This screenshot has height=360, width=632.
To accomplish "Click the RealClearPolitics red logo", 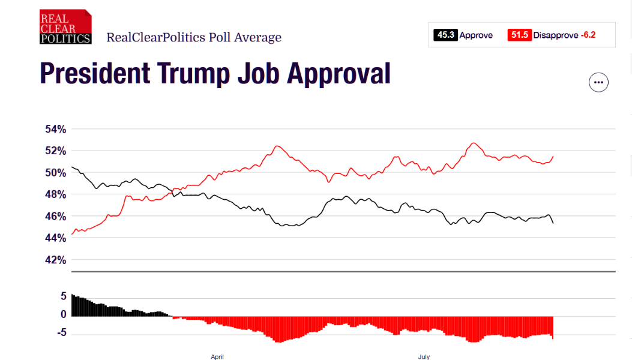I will click(65, 27).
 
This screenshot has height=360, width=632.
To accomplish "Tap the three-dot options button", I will click(598, 82).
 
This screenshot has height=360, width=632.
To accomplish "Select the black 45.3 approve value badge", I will click(445, 35).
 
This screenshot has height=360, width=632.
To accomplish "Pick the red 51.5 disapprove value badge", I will click(519, 35).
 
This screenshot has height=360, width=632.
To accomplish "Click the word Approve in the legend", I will click(476, 35).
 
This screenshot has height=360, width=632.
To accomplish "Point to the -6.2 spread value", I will click(588, 35).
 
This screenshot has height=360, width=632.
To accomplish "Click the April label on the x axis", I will click(217, 357).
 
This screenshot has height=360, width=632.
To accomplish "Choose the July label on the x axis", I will click(424, 357).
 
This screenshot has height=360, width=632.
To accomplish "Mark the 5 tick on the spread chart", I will click(62, 296).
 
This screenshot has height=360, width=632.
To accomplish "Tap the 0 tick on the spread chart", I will click(62, 314).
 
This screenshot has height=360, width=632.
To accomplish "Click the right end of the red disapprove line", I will click(553, 156).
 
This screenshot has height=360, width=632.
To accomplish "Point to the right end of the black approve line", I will click(553, 223).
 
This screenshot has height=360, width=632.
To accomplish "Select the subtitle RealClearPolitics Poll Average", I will click(194, 37).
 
